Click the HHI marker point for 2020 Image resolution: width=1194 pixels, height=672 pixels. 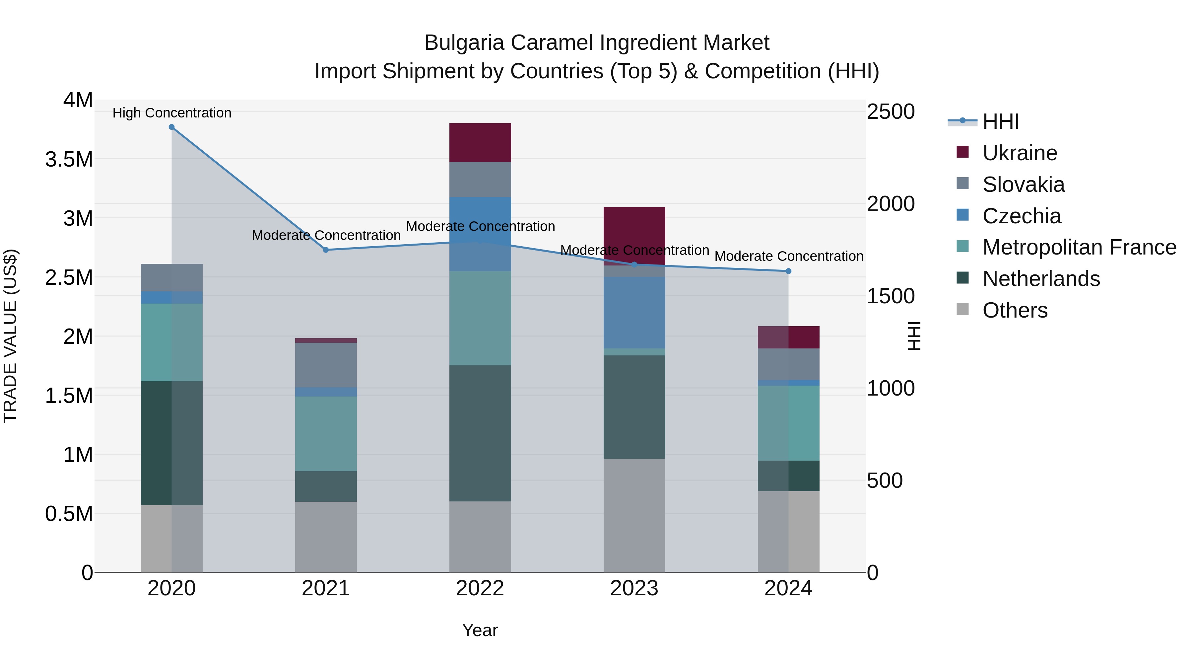[x=171, y=127]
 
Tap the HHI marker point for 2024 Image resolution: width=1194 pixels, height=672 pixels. [x=788, y=271]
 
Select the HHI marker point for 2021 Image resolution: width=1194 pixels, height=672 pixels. [x=326, y=250]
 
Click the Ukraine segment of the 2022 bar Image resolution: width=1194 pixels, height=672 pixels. [x=480, y=142]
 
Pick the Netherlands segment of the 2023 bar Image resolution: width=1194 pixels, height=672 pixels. [x=634, y=407]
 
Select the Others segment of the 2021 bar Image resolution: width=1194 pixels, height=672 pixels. [x=326, y=537]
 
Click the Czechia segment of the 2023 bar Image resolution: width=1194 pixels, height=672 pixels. [x=634, y=313]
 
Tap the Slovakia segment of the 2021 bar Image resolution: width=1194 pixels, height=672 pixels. [x=326, y=365]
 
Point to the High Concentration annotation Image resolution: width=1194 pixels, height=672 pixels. [x=172, y=113]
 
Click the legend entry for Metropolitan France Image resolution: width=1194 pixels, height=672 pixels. [x=1079, y=247]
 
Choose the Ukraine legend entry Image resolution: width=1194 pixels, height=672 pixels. [x=1020, y=153]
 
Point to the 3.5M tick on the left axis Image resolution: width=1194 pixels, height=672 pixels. [x=69, y=160]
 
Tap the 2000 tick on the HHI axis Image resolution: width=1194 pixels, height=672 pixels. [x=891, y=204]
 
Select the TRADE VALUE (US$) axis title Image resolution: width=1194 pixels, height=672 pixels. [x=10, y=336]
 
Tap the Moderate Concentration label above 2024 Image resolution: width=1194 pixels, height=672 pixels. [x=788, y=256]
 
